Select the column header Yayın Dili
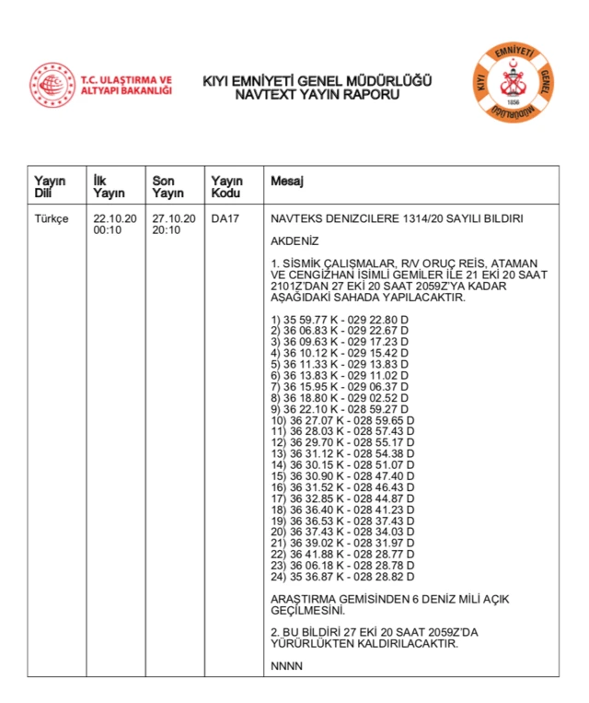[x=50, y=187]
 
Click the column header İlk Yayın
[x=109, y=187]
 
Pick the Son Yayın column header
[x=167, y=187]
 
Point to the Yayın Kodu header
[x=226, y=187]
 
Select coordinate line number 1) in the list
[x=340, y=320]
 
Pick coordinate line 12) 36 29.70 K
[x=342, y=442]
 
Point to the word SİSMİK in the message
[x=302, y=263]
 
